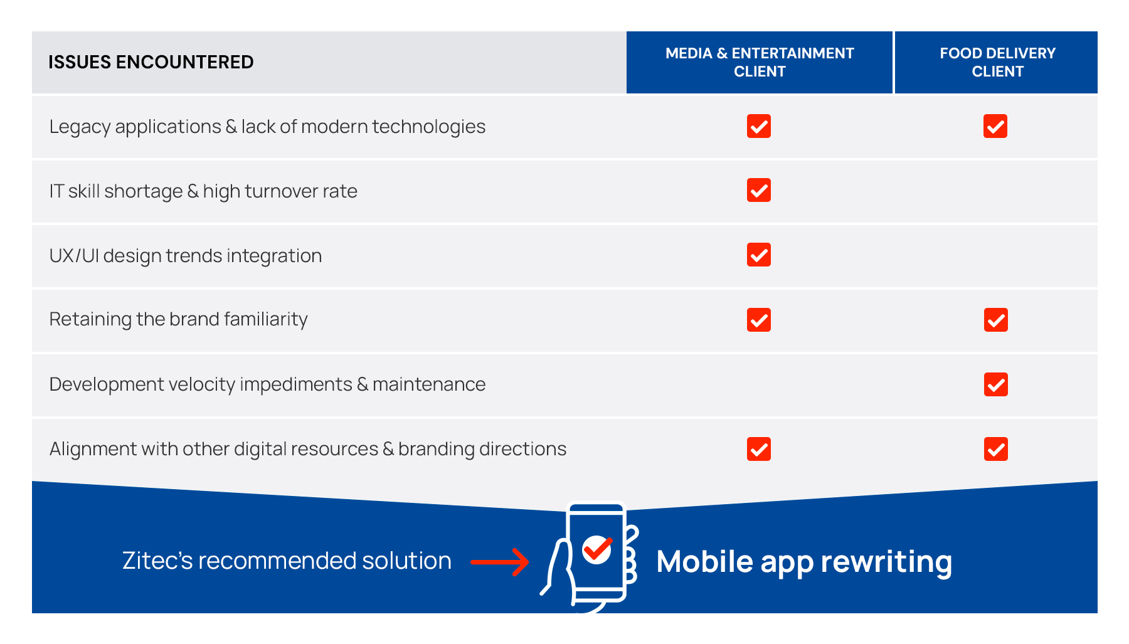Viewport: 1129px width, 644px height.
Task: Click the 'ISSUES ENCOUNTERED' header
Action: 151,62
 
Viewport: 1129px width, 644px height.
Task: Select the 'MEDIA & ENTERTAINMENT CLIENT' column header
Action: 760,62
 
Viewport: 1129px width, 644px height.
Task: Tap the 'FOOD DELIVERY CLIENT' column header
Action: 997,62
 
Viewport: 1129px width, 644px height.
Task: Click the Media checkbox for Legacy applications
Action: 759,126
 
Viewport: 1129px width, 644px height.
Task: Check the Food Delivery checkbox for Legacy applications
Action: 995,126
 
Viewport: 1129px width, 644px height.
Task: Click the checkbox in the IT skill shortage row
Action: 759,190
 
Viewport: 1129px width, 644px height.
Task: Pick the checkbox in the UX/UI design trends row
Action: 759,255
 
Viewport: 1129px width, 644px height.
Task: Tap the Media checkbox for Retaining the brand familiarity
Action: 759,320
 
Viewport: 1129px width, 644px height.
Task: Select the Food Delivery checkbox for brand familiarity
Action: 996,320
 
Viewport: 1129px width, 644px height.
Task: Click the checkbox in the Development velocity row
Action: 996,384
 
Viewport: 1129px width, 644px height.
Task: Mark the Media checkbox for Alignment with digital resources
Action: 759,449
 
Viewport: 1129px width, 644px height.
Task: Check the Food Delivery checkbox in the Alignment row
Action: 996,449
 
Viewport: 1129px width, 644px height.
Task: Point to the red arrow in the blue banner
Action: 500,562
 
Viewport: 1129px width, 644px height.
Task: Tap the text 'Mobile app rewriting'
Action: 804,562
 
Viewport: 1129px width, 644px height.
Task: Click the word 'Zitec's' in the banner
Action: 157,561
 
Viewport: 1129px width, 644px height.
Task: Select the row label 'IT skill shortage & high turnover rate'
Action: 203,191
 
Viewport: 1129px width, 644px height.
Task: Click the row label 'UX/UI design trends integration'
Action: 186,256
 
